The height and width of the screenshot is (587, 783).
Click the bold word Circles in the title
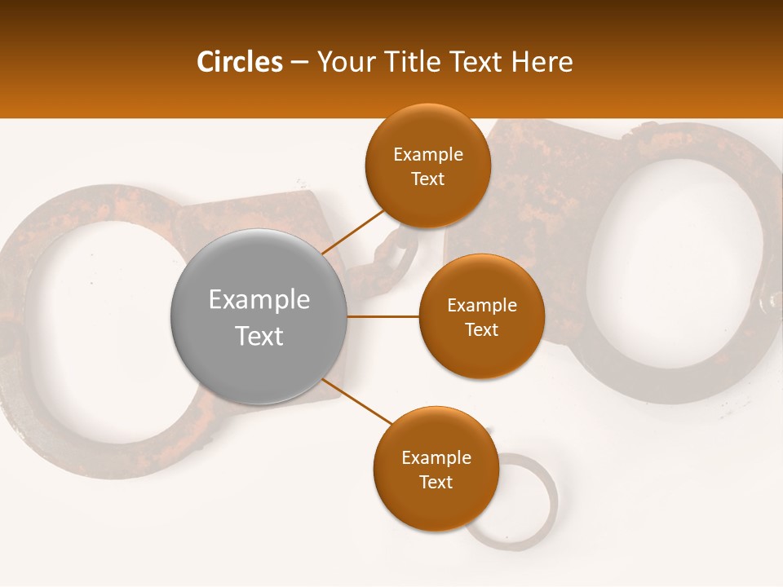[240, 61]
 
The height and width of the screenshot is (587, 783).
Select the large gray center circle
[259, 317]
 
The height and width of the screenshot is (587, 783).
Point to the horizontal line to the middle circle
[383, 316]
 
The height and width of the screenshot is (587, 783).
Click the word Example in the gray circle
[259, 299]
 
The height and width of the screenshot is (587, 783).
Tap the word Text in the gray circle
[259, 336]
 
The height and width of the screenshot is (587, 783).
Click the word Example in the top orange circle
[427, 155]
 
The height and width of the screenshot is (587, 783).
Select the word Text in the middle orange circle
[481, 330]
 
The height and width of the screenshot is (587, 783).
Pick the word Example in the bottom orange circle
[436, 458]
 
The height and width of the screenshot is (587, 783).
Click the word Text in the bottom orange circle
[436, 483]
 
